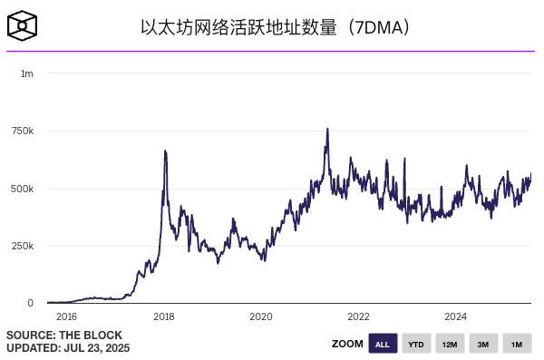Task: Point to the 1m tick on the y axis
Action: (27, 73)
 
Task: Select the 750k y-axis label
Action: (23, 131)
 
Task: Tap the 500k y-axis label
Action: (23, 189)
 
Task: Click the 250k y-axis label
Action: (23, 246)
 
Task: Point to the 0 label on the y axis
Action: (31, 303)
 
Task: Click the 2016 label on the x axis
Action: (66, 316)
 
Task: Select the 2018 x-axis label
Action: (164, 316)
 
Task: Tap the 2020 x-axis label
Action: (261, 316)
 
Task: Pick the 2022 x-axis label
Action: (359, 316)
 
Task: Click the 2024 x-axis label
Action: (456, 316)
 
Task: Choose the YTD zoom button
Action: (416, 345)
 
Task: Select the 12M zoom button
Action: (450, 345)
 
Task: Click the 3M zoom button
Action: (483, 345)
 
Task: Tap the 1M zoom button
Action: (517, 345)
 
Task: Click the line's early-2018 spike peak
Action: (164, 151)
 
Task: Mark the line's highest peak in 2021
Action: (327, 129)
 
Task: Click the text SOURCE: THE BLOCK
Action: (55, 335)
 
